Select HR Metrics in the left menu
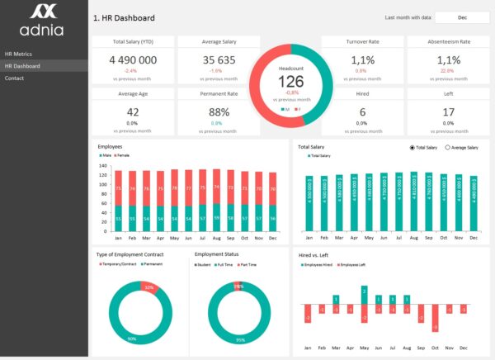(x=18, y=54)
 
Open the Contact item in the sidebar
(x=15, y=78)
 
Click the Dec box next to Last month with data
(x=462, y=17)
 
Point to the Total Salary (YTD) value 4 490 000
(x=133, y=60)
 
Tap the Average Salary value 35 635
(x=219, y=60)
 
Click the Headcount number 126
(x=290, y=81)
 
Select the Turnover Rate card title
(x=362, y=41)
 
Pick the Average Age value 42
(x=133, y=112)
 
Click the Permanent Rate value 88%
(x=219, y=112)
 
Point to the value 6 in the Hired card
(x=362, y=112)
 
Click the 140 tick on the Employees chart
(x=103, y=165)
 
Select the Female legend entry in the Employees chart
(x=120, y=155)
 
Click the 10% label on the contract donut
(x=148, y=287)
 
